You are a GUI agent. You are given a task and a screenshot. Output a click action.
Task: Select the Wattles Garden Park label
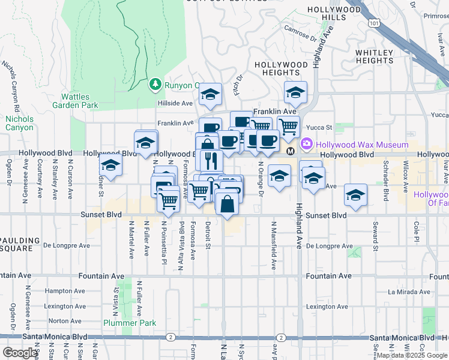(x=79, y=101)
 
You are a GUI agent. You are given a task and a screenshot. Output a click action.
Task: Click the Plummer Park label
(x=130, y=323)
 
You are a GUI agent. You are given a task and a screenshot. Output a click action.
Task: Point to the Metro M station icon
(x=291, y=151)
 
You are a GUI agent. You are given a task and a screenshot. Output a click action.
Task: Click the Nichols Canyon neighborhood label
(x=20, y=123)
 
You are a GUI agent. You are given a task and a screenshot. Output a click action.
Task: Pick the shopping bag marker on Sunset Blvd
(x=228, y=205)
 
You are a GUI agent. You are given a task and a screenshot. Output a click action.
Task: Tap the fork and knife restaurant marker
(x=210, y=160)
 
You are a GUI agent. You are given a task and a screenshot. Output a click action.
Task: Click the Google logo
(x=20, y=353)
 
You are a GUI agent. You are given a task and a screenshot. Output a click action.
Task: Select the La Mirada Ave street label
(x=409, y=292)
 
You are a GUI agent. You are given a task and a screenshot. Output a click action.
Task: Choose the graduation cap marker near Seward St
(x=355, y=196)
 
